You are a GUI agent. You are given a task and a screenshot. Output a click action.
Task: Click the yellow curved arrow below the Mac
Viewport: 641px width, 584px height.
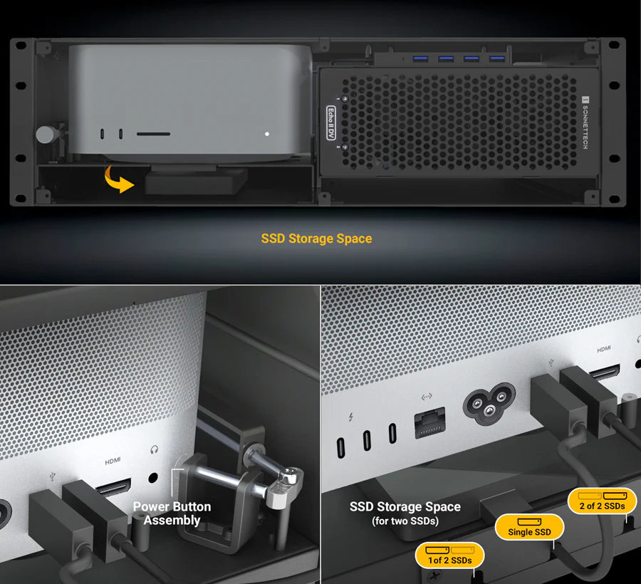coord(117,179)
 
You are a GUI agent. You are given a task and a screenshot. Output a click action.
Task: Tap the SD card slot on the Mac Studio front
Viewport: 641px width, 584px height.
coord(153,134)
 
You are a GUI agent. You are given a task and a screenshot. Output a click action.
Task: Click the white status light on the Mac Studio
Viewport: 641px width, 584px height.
coord(267,134)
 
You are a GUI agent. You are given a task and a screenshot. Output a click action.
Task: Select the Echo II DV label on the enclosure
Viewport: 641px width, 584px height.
coord(331,122)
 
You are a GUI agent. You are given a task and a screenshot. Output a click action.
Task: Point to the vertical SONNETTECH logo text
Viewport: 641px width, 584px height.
coord(585,122)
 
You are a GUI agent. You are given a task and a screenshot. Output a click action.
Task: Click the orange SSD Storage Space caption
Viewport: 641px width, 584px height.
coord(316,239)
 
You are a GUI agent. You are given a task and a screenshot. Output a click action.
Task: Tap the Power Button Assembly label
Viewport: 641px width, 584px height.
coord(172,513)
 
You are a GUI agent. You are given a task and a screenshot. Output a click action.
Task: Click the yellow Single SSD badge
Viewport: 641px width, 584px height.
coord(529,527)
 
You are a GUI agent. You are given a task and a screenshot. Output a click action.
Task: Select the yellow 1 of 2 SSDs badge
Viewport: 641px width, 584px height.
coord(449,556)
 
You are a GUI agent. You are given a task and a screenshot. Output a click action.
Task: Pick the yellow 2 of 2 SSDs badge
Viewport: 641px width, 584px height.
coord(602,501)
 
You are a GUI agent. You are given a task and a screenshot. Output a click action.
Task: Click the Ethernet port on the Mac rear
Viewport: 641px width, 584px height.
coord(429,422)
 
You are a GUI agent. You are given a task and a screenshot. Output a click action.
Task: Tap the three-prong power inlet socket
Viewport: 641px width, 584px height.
coord(489,403)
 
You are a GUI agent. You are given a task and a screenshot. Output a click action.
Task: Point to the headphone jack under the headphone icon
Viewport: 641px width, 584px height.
coord(153,477)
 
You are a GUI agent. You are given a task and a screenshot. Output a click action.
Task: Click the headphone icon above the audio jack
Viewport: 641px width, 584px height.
coord(154,450)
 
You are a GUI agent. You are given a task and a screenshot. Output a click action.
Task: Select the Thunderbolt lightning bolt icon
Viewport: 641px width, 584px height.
coord(350,417)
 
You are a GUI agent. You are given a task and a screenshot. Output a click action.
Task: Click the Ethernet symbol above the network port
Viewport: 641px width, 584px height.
coord(427,397)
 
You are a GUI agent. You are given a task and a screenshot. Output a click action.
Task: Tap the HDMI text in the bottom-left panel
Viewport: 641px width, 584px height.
coord(113,461)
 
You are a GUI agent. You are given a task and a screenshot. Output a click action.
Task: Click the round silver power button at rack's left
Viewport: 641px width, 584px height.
coord(46,134)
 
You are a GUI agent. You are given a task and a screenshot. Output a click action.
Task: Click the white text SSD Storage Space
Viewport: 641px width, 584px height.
coord(405,507)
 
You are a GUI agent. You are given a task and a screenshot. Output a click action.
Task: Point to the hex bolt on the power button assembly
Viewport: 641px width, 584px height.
coord(289,475)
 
